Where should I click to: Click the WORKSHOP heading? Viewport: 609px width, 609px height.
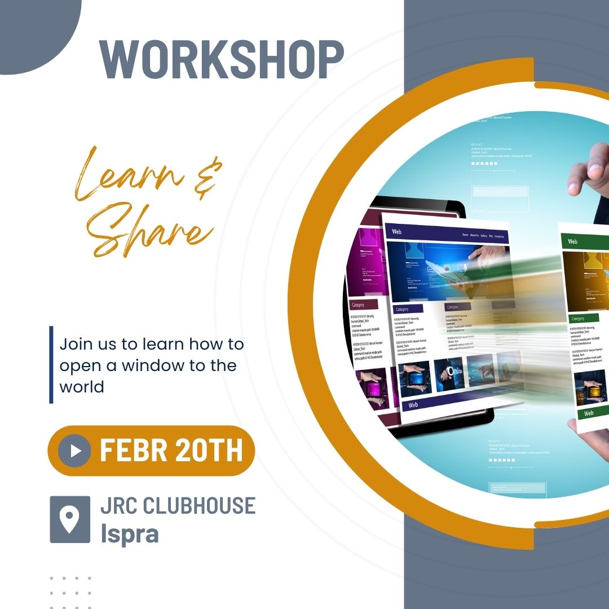(x=221, y=59)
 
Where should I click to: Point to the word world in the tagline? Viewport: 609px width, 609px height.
(x=82, y=387)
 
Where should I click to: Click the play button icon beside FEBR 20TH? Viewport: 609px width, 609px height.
(x=74, y=451)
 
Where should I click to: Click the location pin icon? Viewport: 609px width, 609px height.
(x=70, y=519)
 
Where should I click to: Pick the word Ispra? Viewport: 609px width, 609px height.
(x=129, y=534)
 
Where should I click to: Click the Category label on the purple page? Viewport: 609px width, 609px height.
(x=358, y=304)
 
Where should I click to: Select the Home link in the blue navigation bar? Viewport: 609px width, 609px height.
(x=465, y=235)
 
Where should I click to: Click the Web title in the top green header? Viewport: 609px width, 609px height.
(x=572, y=241)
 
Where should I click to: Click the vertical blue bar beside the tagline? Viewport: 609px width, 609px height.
(x=51, y=365)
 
